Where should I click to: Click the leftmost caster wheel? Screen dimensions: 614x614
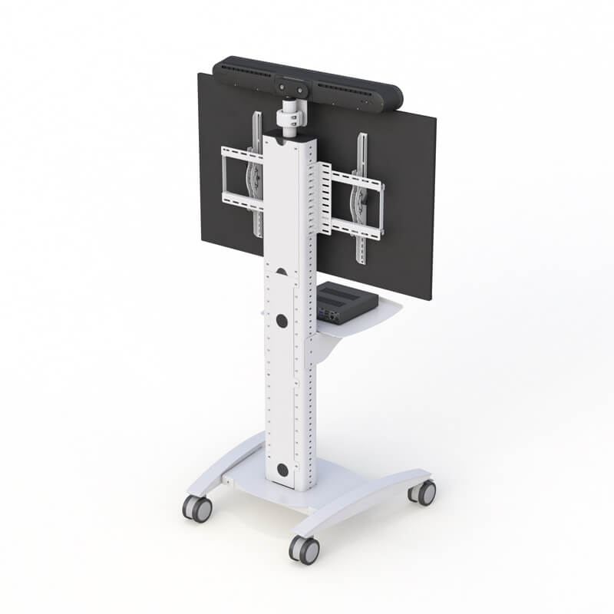coord(196,508)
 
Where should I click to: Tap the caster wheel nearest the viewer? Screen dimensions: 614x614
coord(304,548)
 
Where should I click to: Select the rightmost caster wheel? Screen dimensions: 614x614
coord(422,492)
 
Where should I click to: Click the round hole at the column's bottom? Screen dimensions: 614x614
coord(283,470)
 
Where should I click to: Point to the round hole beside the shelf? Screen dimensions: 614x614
coord(282,322)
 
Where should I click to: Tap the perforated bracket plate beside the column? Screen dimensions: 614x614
coord(322,200)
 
